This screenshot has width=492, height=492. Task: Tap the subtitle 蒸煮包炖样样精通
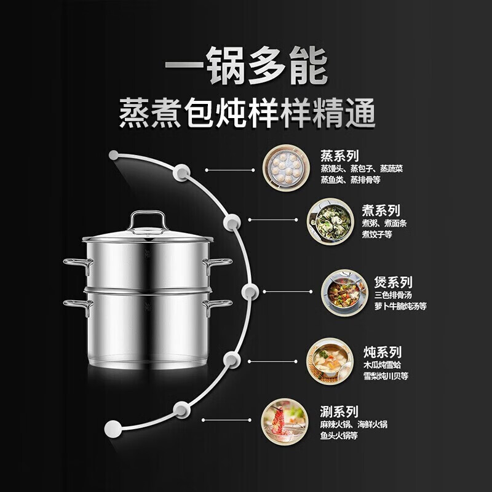coord(246,115)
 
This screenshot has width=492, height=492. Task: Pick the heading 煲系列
coord(393,282)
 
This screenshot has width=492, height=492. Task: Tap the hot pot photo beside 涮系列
coord(285,420)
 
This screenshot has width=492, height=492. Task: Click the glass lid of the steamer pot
coord(148,232)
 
